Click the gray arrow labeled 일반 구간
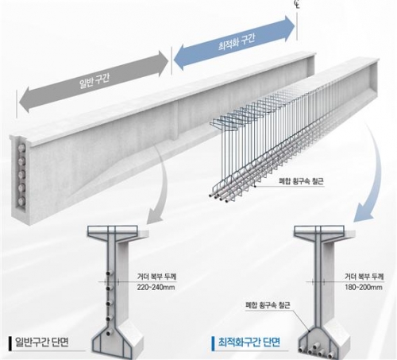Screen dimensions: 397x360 [93, 82]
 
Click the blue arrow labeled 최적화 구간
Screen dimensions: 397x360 [234, 43]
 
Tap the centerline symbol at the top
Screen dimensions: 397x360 [296, 4]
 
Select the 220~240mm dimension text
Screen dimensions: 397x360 [156, 287]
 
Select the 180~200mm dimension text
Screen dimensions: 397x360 [364, 287]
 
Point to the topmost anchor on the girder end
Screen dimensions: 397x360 [21, 148]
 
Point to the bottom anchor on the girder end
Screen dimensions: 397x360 [21, 201]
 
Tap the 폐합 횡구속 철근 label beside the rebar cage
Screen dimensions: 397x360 [302, 182]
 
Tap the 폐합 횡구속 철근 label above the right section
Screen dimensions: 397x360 [268, 305]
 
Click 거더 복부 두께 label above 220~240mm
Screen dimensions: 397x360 [156, 277]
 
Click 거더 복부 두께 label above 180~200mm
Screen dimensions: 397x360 [364, 277]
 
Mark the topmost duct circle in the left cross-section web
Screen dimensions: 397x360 [109, 273]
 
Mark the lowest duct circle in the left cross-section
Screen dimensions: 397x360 [109, 333]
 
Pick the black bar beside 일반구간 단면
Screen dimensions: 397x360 [10, 343]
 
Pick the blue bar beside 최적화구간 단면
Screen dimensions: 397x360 [213, 343]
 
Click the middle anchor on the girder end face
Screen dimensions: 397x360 [21, 174]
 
